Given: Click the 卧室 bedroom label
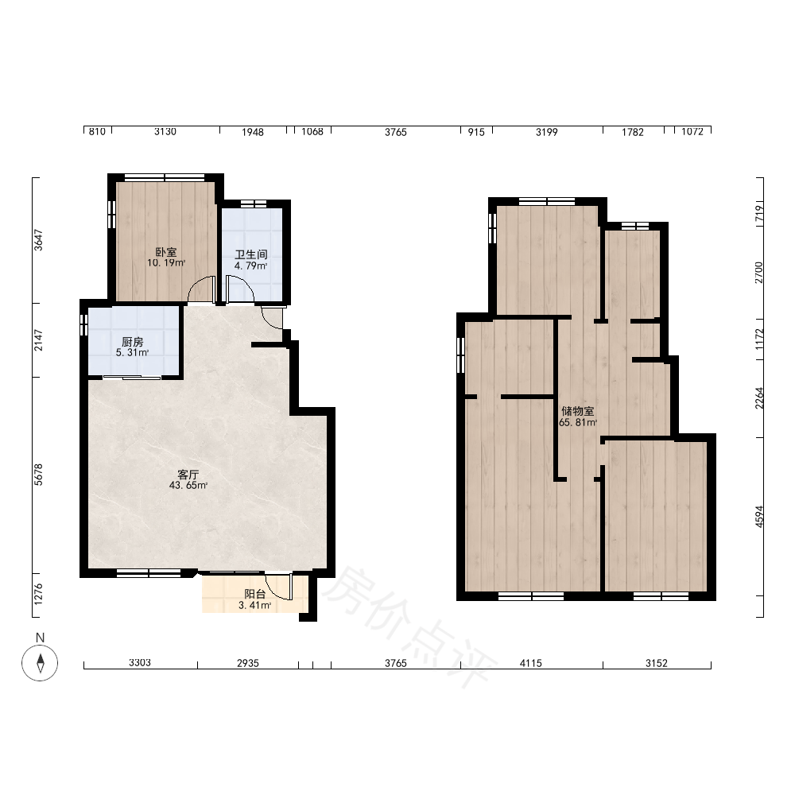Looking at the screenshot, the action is coord(166,252).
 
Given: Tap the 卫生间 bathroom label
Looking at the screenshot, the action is coord(251,254).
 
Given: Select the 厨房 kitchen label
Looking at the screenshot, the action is coord(132,342).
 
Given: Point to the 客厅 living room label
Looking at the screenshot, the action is coord(188,475).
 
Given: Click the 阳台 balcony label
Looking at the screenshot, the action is coord(254,594).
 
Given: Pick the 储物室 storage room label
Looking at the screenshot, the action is coord(577,411).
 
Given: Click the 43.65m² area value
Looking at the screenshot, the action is coord(188,485).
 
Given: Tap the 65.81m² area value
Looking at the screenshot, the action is coord(577,422).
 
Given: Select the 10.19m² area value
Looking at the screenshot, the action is coord(166,262).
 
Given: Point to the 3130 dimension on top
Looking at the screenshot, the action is coord(165,132).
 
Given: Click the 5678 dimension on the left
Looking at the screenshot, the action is coord(39,475).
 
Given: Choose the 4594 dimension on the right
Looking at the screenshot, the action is coord(759,517).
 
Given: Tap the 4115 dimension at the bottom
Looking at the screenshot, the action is coord(531,663).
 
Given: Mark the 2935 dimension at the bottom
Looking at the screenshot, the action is coord(248,663).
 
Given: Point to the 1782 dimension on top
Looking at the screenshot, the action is coord(633,132).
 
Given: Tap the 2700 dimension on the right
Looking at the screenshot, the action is coord(759,273).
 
